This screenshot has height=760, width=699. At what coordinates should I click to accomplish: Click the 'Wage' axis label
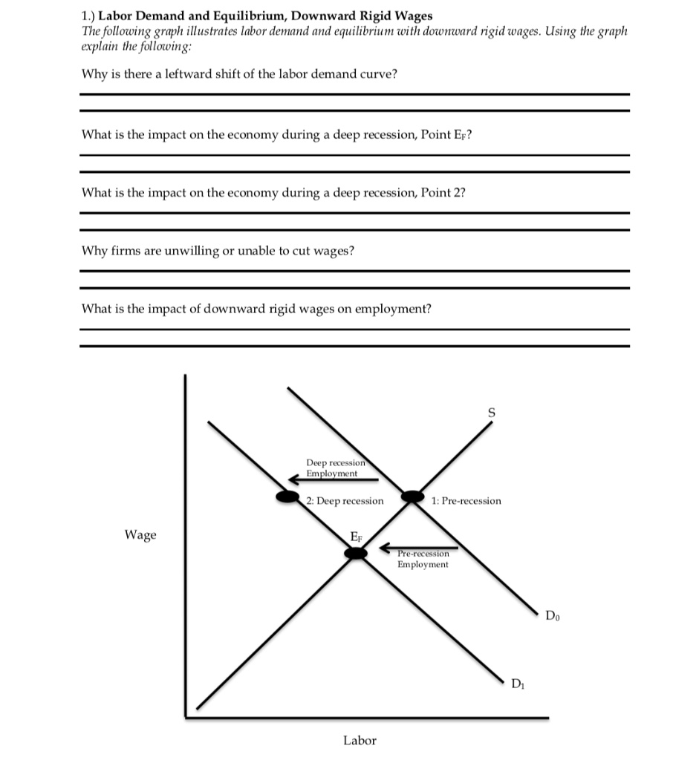[140, 534]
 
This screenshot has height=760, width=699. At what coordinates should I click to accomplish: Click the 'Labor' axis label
[360, 740]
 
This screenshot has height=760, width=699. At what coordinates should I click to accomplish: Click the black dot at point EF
[357, 553]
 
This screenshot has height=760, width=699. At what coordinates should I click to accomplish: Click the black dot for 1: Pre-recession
[411, 497]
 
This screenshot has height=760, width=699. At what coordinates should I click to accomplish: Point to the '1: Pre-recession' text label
[466, 501]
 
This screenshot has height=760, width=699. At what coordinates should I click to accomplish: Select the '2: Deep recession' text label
[345, 501]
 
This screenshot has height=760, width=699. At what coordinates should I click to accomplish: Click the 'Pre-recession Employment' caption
[423, 560]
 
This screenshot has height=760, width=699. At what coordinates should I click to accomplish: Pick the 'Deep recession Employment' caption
[333, 468]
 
